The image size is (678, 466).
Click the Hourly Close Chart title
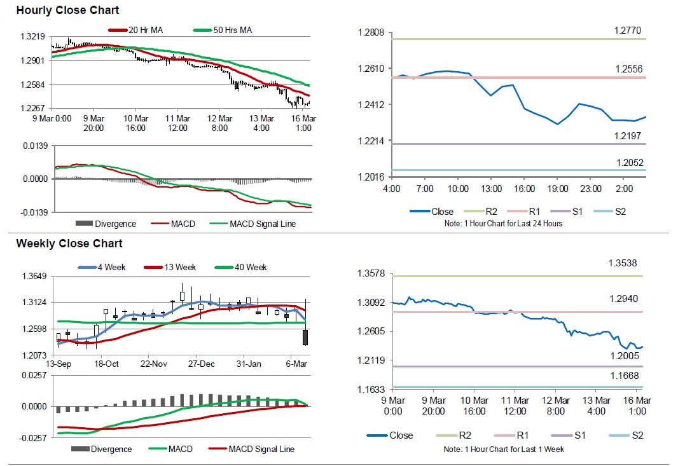click(67, 11)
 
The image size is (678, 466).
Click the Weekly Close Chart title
click(69, 243)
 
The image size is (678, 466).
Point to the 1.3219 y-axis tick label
click(32, 38)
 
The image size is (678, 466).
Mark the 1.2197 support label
click(628, 135)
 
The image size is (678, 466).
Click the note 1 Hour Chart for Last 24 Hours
click(502, 224)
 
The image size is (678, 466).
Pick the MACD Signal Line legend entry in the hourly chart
click(262, 223)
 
